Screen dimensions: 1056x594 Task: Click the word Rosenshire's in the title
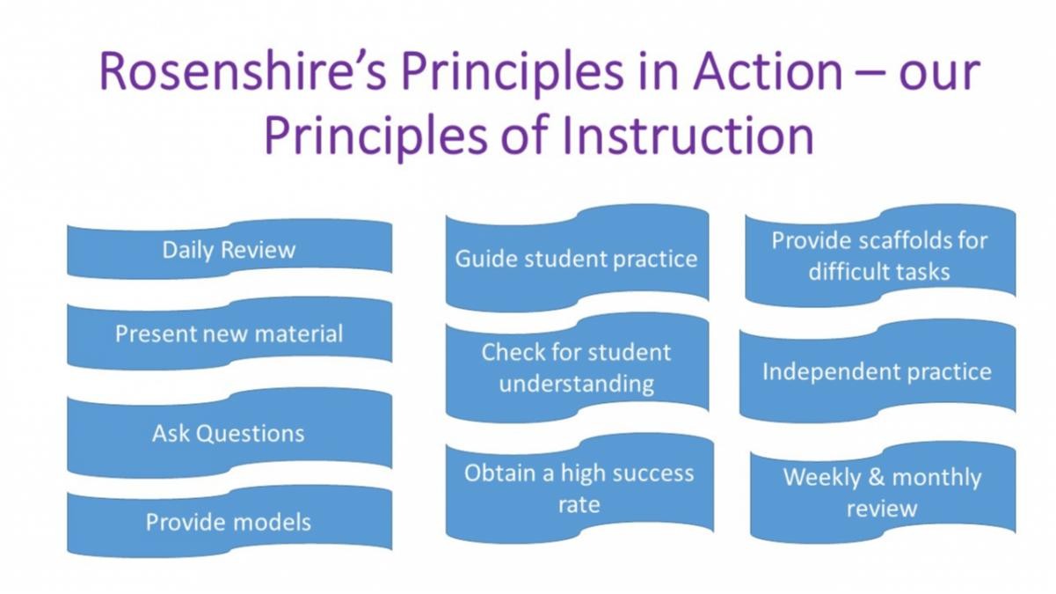[x=244, y=70]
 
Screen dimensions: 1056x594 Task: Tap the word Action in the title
[x=767, y=70]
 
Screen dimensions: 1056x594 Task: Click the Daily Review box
[x=229, y=249]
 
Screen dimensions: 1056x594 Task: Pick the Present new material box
[x=229, y=334]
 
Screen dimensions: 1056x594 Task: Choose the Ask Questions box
[x=229, y=433]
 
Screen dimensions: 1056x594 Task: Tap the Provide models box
[x=229, y=521]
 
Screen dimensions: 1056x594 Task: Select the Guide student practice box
[x=577, y=258]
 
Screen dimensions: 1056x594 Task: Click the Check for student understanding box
[x=577, y=368]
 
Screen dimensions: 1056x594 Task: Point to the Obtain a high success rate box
[x=579, y=488]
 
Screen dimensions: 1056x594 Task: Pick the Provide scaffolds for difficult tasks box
[x=880, y=256]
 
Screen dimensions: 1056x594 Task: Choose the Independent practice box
[x=878, y=370]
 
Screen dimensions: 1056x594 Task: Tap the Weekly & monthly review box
[x=883, y=492]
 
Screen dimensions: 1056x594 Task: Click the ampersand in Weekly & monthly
[x=877, y=477]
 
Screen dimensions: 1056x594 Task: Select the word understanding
[x=577, y=383]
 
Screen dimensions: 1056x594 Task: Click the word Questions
[x=251, y=433]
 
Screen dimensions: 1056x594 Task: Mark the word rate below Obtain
[x=579, y=504]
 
